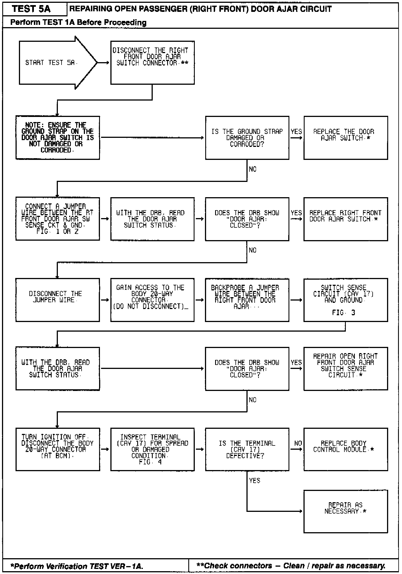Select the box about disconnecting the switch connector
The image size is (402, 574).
coord(152,62)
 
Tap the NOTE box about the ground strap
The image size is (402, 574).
coord(58,138)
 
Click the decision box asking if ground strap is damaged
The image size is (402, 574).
coord(247,138)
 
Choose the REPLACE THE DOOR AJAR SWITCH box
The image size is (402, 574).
coord(346,138)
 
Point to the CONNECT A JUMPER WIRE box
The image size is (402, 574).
coord(58,219)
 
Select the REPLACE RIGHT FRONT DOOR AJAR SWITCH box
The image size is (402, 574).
coord(346,219)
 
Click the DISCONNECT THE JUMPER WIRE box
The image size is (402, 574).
coord(58,300)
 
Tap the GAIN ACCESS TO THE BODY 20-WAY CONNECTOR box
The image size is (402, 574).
coord(152,300)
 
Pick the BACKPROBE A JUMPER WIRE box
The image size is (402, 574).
coord(247,300)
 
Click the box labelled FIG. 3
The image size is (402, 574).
coord(346,300)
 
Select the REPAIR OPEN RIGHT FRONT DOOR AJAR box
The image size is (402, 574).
coord(346,369)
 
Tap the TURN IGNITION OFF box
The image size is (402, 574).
coord(58,449)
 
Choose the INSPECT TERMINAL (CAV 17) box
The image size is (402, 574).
coord(152,449)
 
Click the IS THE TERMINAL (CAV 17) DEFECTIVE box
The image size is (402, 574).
coord(247,449)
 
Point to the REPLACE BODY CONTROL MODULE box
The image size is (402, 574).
coord(346,449)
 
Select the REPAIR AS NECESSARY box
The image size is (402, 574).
coord(346,511)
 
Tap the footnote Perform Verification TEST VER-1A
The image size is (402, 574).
coord(77,566)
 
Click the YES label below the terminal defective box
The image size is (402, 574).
coord(254,480)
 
